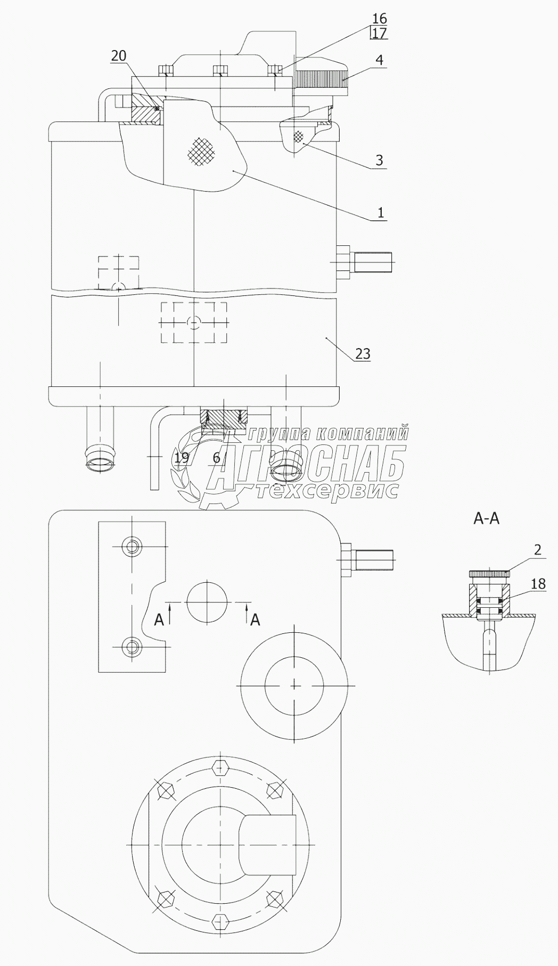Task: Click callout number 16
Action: (380, 19)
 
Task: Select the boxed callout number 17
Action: (380, 33)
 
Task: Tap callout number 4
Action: (379, 59)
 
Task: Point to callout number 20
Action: (119, 55)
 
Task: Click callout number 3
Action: (379, 160)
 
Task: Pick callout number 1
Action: (380, 213)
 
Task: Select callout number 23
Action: (362, 353)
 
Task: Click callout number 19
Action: (181, 457)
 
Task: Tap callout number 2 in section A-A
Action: (537, 550)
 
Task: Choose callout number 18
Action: (538, 584)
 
